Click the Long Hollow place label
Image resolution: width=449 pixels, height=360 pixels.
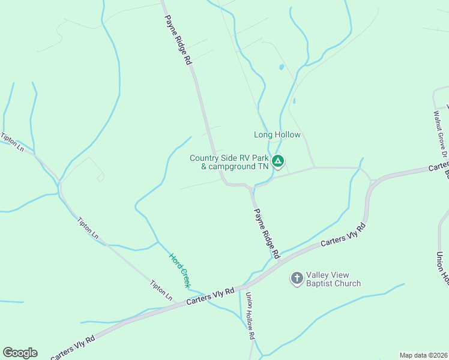277,135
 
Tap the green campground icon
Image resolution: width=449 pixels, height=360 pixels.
278,161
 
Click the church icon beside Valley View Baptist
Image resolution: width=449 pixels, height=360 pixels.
297,278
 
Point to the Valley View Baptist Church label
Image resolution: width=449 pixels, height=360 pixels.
333,280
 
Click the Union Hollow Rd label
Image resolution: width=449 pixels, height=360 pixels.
250,316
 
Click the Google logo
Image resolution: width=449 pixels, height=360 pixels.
20,353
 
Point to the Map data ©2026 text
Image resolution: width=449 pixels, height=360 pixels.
423,355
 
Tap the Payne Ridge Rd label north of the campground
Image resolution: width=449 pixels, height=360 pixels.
178,40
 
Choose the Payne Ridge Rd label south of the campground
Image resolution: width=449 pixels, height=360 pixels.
267,233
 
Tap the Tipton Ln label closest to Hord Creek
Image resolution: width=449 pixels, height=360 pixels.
161,290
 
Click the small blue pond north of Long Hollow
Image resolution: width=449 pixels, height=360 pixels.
280,67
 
